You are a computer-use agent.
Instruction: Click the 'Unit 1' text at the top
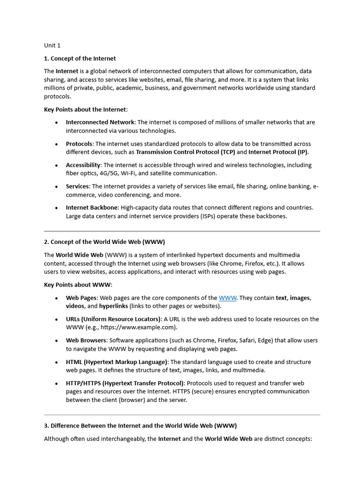(52, 46)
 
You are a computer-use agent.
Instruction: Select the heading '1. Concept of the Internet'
(80, 58)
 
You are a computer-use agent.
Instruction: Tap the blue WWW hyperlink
(227, 298)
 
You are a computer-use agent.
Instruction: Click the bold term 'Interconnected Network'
(100, 122)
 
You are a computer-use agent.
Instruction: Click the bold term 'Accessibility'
(83, 165)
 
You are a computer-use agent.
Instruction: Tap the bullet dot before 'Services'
(56, 187)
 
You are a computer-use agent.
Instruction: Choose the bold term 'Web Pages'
(81, 298)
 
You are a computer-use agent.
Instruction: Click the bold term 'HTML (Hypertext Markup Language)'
(117, 362)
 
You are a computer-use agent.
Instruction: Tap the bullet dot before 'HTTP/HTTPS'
(56, 383)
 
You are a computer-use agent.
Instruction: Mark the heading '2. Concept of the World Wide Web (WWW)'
(104, 242)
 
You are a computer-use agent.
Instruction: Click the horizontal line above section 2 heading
(182, 231)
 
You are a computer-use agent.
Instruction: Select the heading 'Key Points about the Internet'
(85, 109)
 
